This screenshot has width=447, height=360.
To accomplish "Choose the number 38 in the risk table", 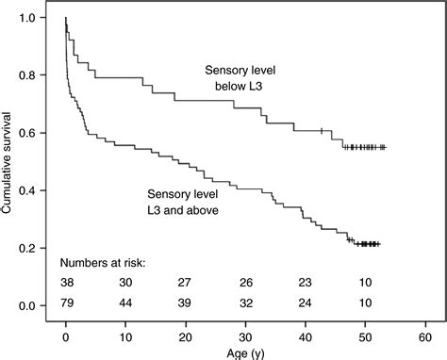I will point(66,282).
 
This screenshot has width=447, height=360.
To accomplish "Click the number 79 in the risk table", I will point(66,305).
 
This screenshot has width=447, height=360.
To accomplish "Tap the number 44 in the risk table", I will point(125,305).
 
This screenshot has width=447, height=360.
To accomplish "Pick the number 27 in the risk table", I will point(186,282).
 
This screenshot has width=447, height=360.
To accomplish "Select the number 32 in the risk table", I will point(245,305).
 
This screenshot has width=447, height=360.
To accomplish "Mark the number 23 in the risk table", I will point(306,282).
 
